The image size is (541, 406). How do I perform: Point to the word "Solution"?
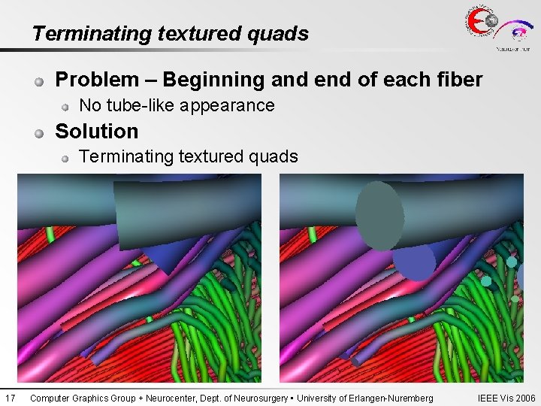pyautogui.click(x=97, y=132)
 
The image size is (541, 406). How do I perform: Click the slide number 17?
pyautogui.click(x=10, y=398)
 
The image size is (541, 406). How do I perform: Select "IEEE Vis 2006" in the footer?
pyautogui.click(x=506, y=398)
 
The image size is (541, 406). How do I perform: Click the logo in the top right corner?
pyautogui.click(x=497, y=29)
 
